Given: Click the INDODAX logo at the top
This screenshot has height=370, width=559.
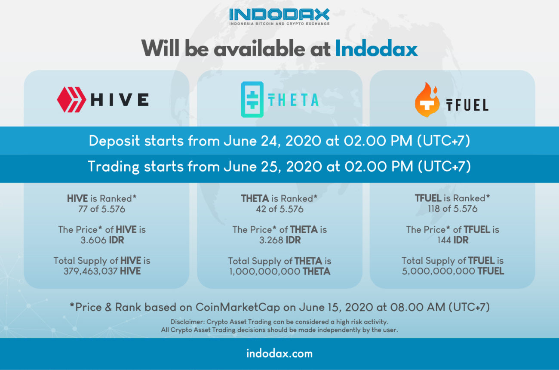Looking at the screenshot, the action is click(279, 16).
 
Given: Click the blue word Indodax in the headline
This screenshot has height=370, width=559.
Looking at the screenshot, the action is click(376, 49).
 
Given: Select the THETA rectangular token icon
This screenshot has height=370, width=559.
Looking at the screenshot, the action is click(252, 99).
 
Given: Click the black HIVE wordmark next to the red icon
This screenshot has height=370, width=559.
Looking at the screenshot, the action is click(120, 100).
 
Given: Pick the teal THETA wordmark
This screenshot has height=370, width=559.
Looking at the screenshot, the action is click(293, 100).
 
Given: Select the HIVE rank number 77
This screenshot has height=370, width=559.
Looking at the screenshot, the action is click(83, 209).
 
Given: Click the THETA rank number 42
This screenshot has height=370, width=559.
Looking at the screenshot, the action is click(261, 209).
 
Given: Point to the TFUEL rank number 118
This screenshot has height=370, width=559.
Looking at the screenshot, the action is click(434, 209).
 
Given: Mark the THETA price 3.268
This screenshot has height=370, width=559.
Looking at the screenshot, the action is click(271, 240).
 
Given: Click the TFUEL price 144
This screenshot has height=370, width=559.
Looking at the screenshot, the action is click(444, 240).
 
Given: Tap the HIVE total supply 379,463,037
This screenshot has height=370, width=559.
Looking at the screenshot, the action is click(90, 271).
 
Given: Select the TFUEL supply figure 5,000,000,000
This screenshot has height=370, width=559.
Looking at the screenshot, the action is click(439, 271).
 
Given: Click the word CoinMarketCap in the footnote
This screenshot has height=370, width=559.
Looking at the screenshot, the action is click(237, 307).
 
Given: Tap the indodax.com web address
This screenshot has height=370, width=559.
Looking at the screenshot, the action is click(279, 354).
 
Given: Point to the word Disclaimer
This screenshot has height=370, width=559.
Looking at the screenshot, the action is click(187, 322).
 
